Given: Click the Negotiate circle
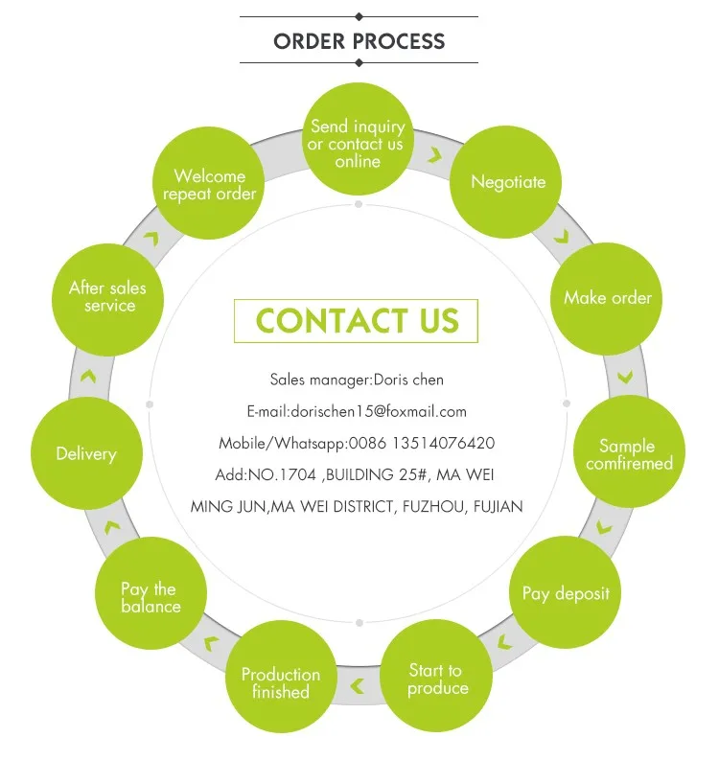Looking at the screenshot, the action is coord(505,182).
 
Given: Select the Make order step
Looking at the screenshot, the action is coord(606,299).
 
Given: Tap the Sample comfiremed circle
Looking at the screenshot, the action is coord(629,451).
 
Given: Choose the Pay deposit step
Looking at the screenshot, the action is coord(565,592).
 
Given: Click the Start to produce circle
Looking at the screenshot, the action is coord(436,676).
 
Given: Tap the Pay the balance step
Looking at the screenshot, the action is coord(151,593).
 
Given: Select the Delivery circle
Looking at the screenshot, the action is coord(87,453).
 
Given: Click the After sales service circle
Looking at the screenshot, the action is coord(107,300).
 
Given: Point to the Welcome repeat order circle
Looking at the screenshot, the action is coord(208,183).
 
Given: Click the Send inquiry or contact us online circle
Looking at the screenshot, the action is coord(358,139).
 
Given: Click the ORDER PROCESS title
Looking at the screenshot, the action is coord(359,41).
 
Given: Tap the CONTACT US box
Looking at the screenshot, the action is coord(357,321).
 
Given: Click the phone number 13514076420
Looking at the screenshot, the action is coord(443,443).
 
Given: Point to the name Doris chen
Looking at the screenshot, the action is coord(408,380).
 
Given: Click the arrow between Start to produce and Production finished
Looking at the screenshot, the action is coord(358,686).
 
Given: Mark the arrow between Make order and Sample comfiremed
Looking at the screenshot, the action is coord(625,378).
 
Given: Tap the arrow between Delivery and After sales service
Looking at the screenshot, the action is coord(88,376).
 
